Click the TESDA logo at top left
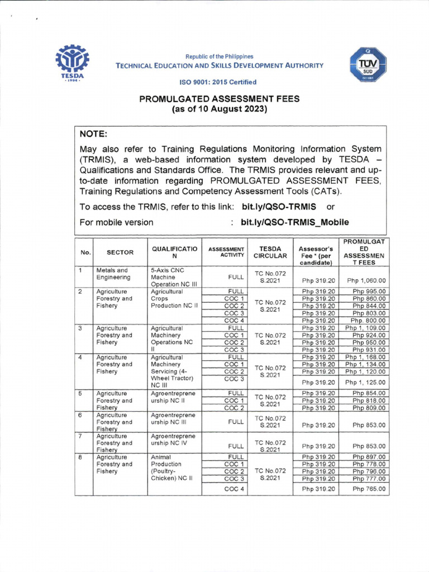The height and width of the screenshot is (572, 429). [71, 63]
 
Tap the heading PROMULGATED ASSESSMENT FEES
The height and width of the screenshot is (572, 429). [220, 99]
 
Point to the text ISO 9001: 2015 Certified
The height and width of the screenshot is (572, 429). [218, 82]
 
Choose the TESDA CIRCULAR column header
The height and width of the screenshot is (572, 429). [270, 252]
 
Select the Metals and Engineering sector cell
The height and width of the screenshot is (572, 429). [113, 274]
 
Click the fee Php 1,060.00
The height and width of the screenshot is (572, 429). [366, 281]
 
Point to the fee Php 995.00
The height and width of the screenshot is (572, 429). [369, 292]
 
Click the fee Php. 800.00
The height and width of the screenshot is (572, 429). [368, 321]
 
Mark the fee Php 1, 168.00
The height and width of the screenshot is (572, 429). [365, 357]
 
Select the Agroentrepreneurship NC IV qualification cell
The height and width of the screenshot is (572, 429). [173, 440]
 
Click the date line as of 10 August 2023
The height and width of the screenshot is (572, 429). [220, 109]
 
